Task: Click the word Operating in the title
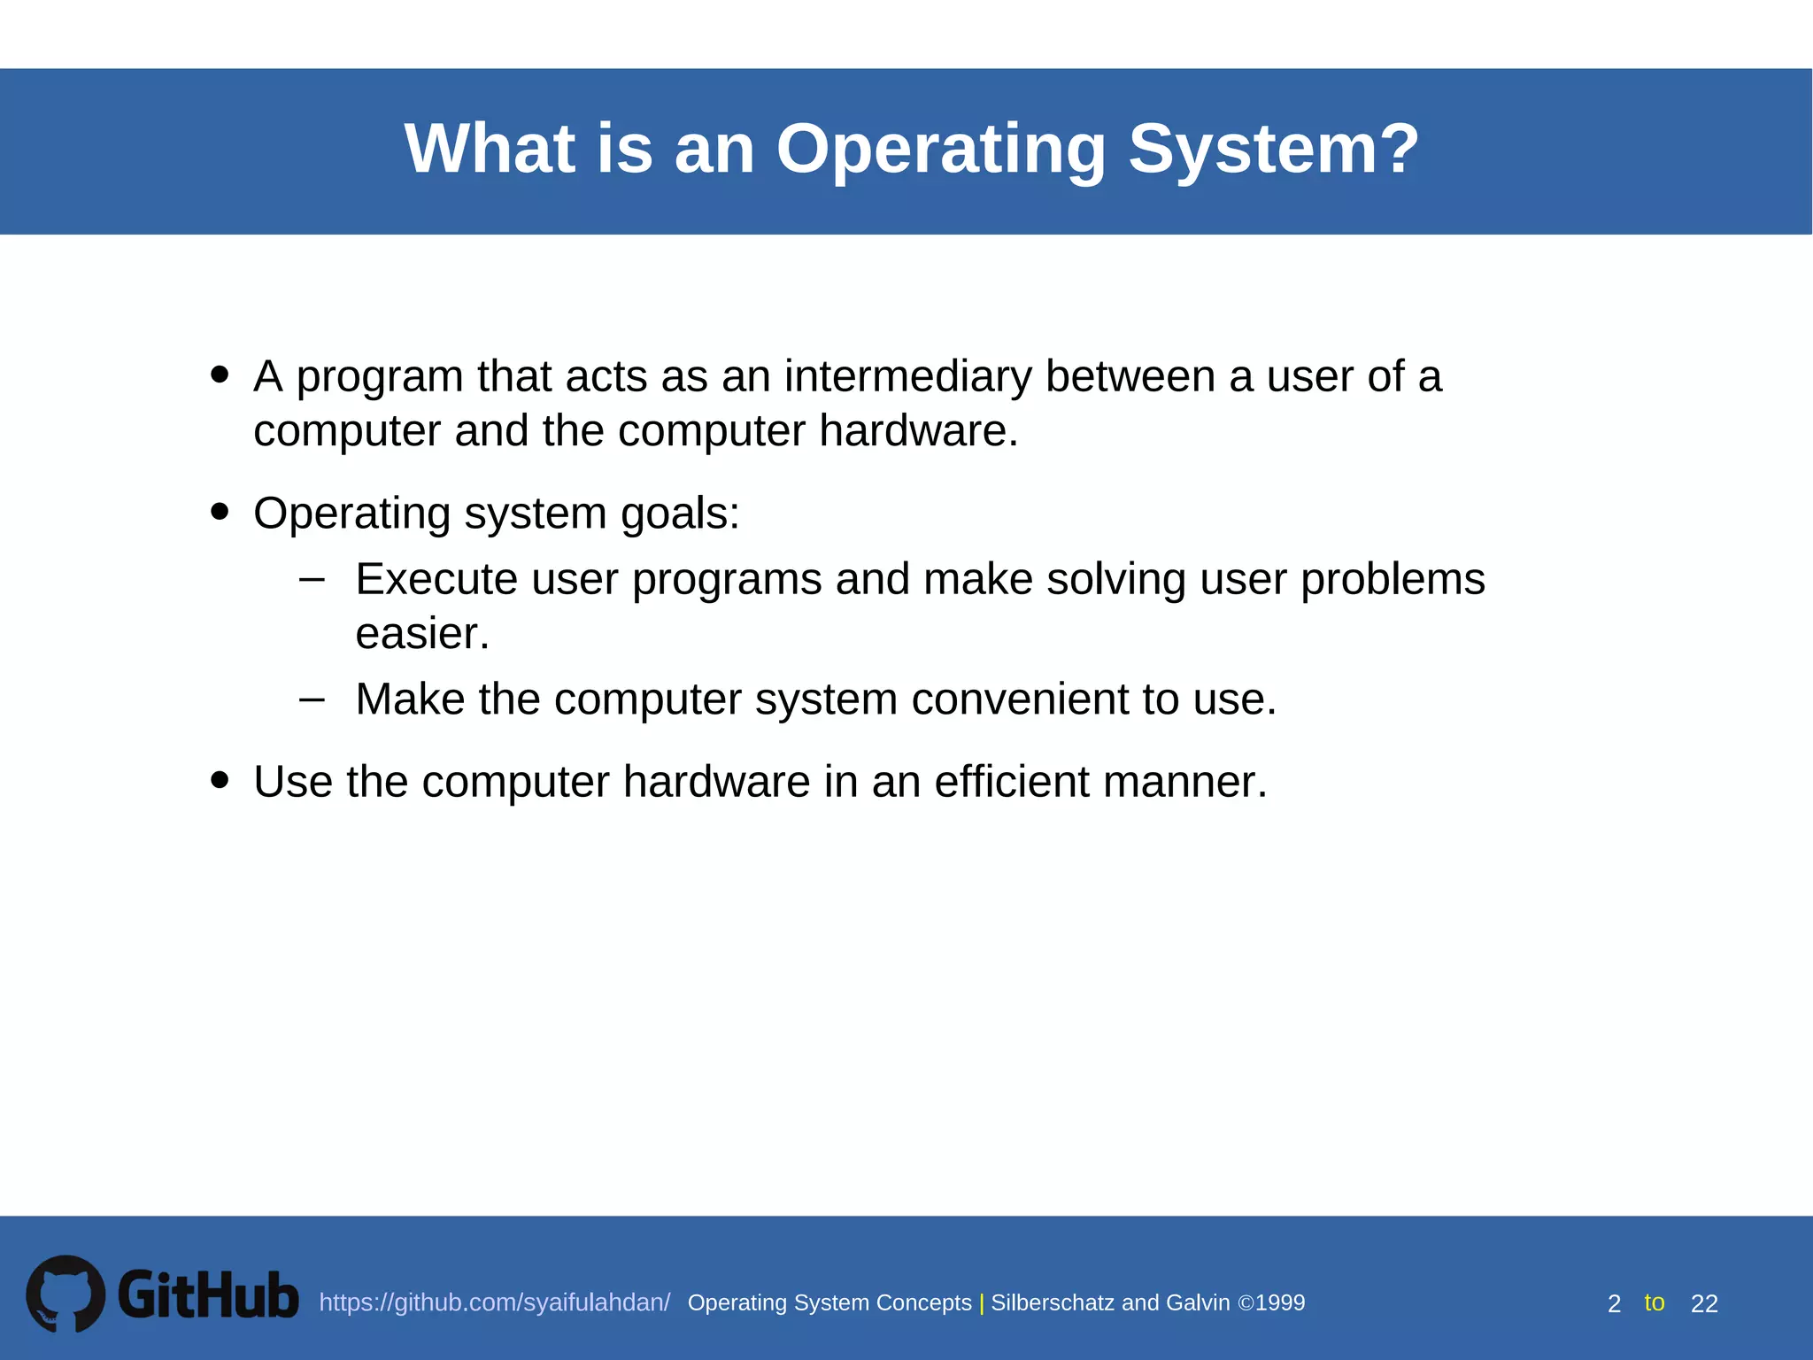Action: point(941,149)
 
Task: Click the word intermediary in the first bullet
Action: point(907,376)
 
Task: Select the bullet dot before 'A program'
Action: point(220,375)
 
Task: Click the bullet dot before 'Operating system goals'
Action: point(220,512)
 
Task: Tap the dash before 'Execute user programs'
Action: point(312,580)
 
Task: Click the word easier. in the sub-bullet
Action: point(422,634)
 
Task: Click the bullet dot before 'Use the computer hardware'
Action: point(220,780)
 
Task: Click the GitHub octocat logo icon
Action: point(66,1294)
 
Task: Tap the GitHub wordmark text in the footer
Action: point(208,1295)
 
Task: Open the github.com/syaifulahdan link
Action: point(494,1302)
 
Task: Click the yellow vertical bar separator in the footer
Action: point(982,1303)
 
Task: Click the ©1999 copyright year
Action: point(1271,1302)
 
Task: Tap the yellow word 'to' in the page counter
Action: point(1654,1302)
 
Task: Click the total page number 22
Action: point(1704,1303)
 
